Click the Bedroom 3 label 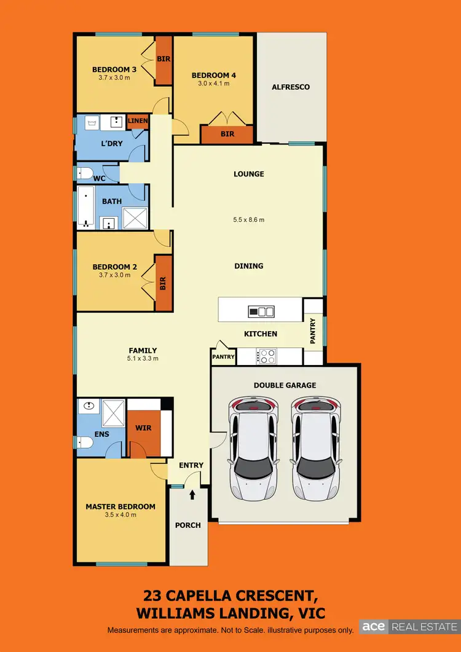tap(114, 69)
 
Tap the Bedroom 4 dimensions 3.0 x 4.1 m tap(214, 84)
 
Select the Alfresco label tap(291, 87)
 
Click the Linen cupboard tap(138, 121)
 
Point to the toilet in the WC tap(84, 173)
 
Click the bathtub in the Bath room tap(84, 208)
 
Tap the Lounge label tap(248, 174)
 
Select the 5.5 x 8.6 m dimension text tap(248, 220)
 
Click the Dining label tap(248, 266)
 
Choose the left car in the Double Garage tap(253, 449)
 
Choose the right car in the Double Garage tap(315, 449)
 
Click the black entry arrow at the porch tap(192, 493)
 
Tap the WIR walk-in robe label tap(143, 428)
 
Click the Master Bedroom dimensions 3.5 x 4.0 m tap(120, 515)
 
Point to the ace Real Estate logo tap(406, 627)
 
